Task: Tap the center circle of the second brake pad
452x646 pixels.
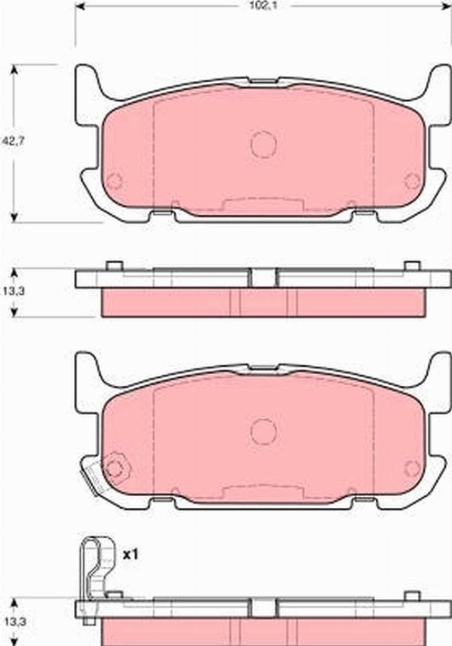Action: coord(264,431)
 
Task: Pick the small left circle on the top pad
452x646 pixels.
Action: coord(115,181)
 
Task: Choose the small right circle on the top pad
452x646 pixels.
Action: coord(412,181)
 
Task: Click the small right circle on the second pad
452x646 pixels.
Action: coord(412,468)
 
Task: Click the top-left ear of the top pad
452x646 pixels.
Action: coord(87,83)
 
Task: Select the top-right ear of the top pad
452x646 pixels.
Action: coord(438,83)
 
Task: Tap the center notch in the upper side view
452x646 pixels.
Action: coord(263,278)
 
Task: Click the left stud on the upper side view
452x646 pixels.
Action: coord(115,266)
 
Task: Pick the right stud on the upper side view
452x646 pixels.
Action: coord(411,266)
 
